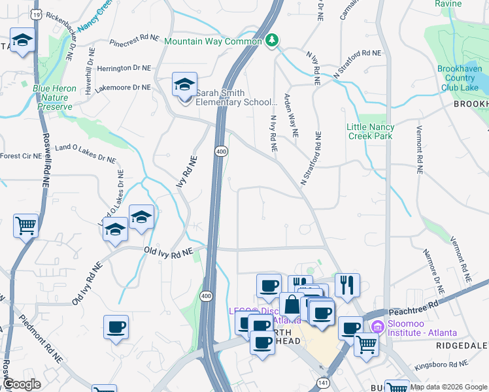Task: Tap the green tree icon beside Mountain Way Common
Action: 272,41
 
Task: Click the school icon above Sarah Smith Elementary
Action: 185,85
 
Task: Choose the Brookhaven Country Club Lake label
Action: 460,78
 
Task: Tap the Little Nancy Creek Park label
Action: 370,131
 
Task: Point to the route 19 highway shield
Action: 37,13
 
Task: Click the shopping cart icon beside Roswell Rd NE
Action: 25,226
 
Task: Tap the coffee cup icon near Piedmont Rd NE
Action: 116,327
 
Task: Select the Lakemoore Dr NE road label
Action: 124,87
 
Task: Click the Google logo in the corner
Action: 22,384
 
